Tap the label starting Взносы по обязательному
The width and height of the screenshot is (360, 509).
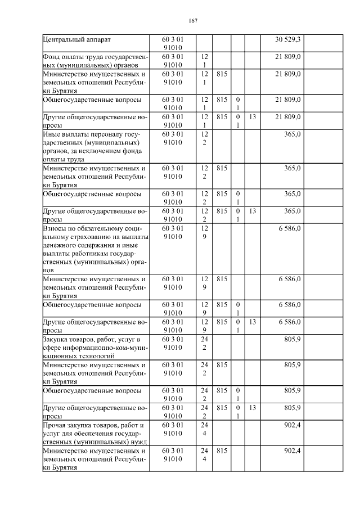(x=94, y=249)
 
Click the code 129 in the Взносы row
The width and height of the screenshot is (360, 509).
(x=204, y=233)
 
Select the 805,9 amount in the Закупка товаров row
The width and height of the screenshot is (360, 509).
(x=292, y=340)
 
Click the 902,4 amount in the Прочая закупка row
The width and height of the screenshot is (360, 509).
(x=292, y=425)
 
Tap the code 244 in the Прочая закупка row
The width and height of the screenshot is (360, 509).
(x=204, y=429)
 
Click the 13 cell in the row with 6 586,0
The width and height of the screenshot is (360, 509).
(x=253, y=322)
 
